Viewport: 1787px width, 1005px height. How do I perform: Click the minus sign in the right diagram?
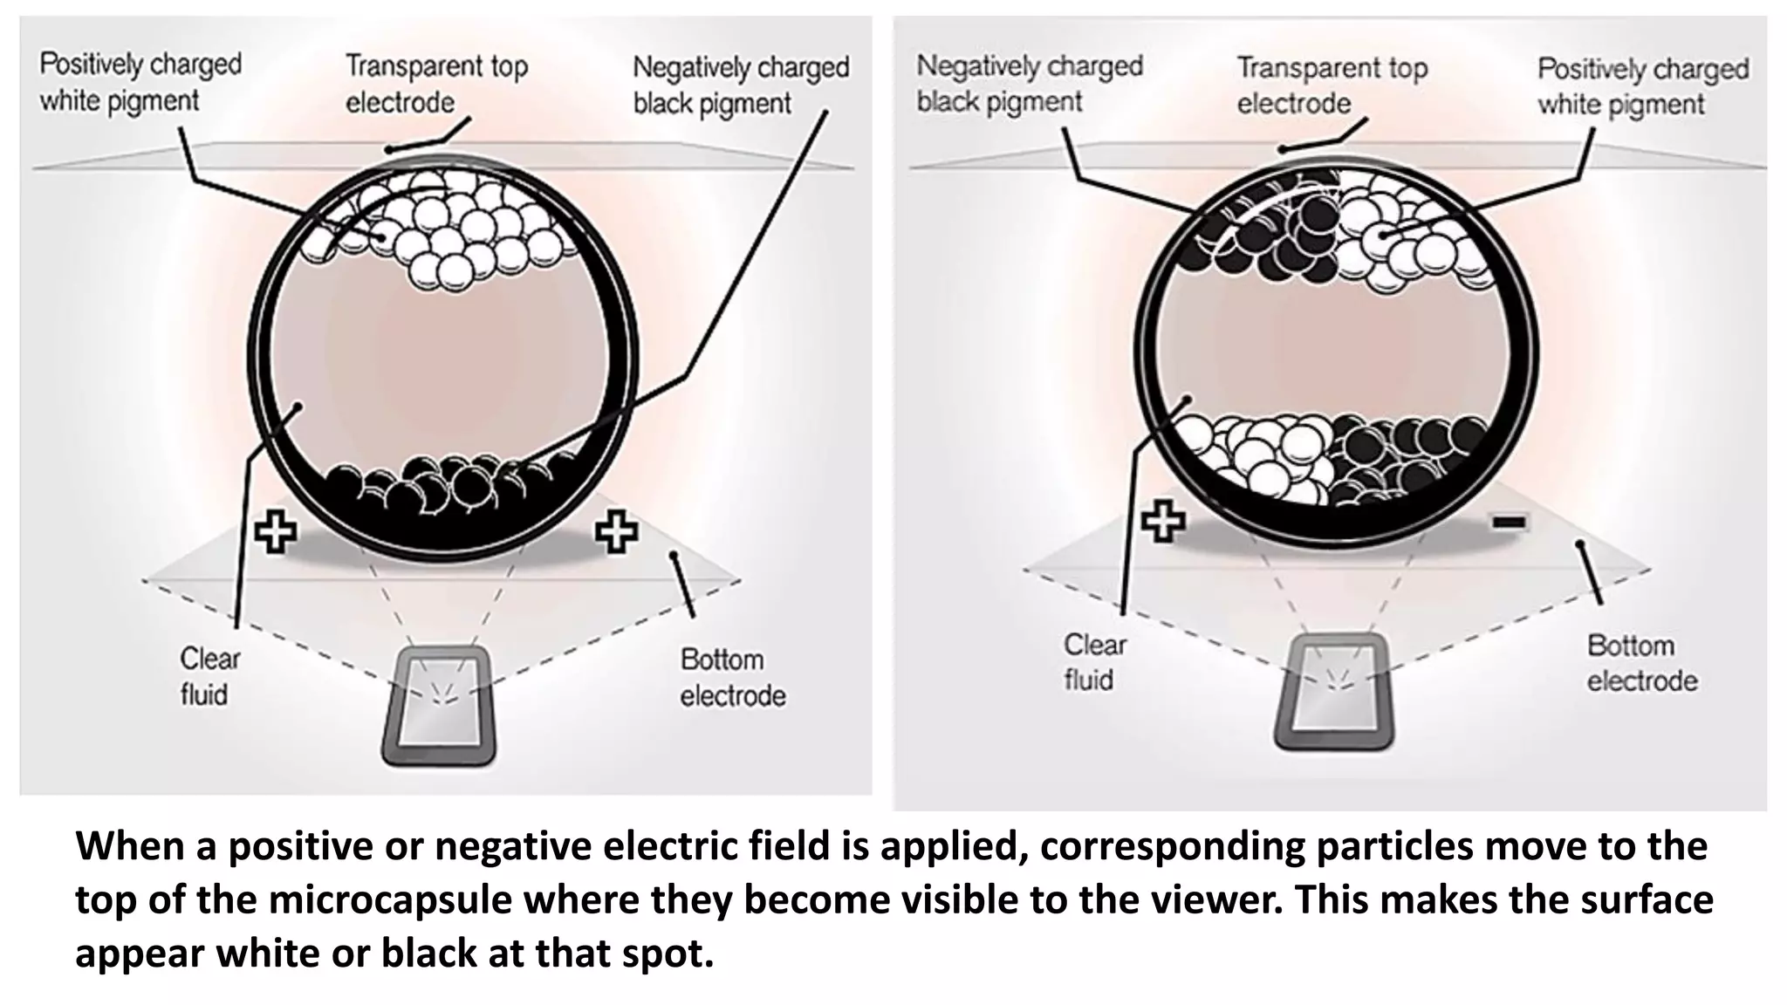pos(1508,523)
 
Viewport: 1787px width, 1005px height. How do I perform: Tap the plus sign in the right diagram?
pos(1163,521)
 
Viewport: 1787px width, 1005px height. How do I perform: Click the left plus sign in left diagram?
pos(276,531)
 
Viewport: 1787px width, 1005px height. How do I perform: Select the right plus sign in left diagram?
pos(616,531)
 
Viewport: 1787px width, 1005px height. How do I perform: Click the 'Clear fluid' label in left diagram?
pos(209,676)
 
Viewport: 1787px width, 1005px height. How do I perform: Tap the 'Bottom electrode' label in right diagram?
pos(1641,663)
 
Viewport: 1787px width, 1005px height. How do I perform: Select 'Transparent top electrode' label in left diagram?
pos(435,84)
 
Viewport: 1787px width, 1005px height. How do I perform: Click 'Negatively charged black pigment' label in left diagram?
pos(740,85)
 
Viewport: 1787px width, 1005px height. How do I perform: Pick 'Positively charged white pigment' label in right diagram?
pos(1642,86)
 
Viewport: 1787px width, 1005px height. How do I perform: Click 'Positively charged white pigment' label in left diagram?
pos(140,82)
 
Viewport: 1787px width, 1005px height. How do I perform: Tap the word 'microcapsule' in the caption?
pos(389,899)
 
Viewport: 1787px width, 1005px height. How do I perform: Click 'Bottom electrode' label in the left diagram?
pos(732,677)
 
